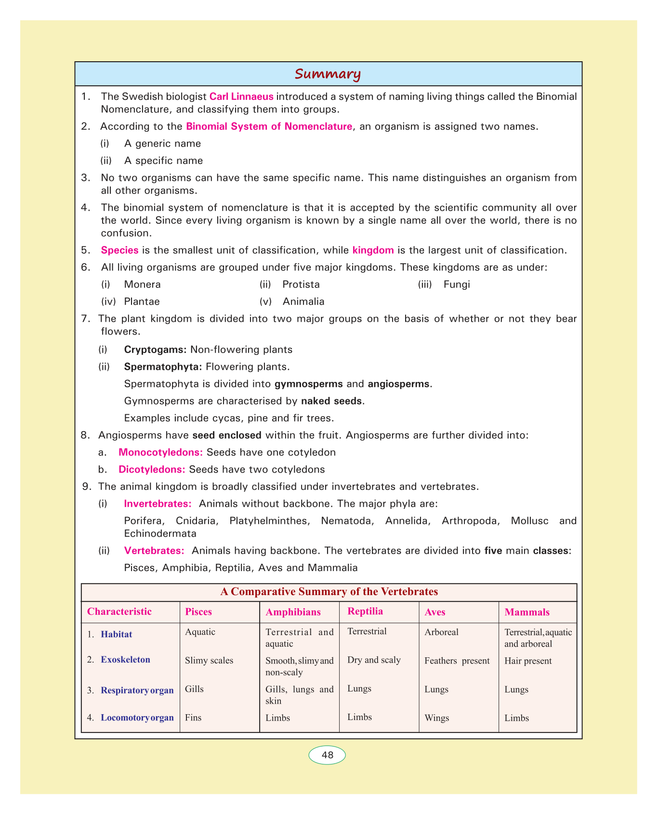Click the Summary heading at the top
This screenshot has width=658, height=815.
328,74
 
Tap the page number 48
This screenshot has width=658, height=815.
327,755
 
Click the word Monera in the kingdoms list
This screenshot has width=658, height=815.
142,285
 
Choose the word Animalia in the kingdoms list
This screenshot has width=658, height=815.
303,302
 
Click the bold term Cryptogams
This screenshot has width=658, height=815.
156,350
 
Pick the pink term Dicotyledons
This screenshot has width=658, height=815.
152,469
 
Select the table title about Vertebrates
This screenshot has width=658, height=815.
329,592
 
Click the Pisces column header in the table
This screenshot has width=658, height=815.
198,612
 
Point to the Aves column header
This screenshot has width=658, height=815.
435,612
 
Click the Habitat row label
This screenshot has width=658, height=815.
116,635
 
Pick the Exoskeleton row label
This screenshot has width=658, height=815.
125,660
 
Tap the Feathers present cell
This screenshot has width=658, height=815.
457,661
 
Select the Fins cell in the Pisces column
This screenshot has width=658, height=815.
193,718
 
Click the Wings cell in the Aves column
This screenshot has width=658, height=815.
437,718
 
